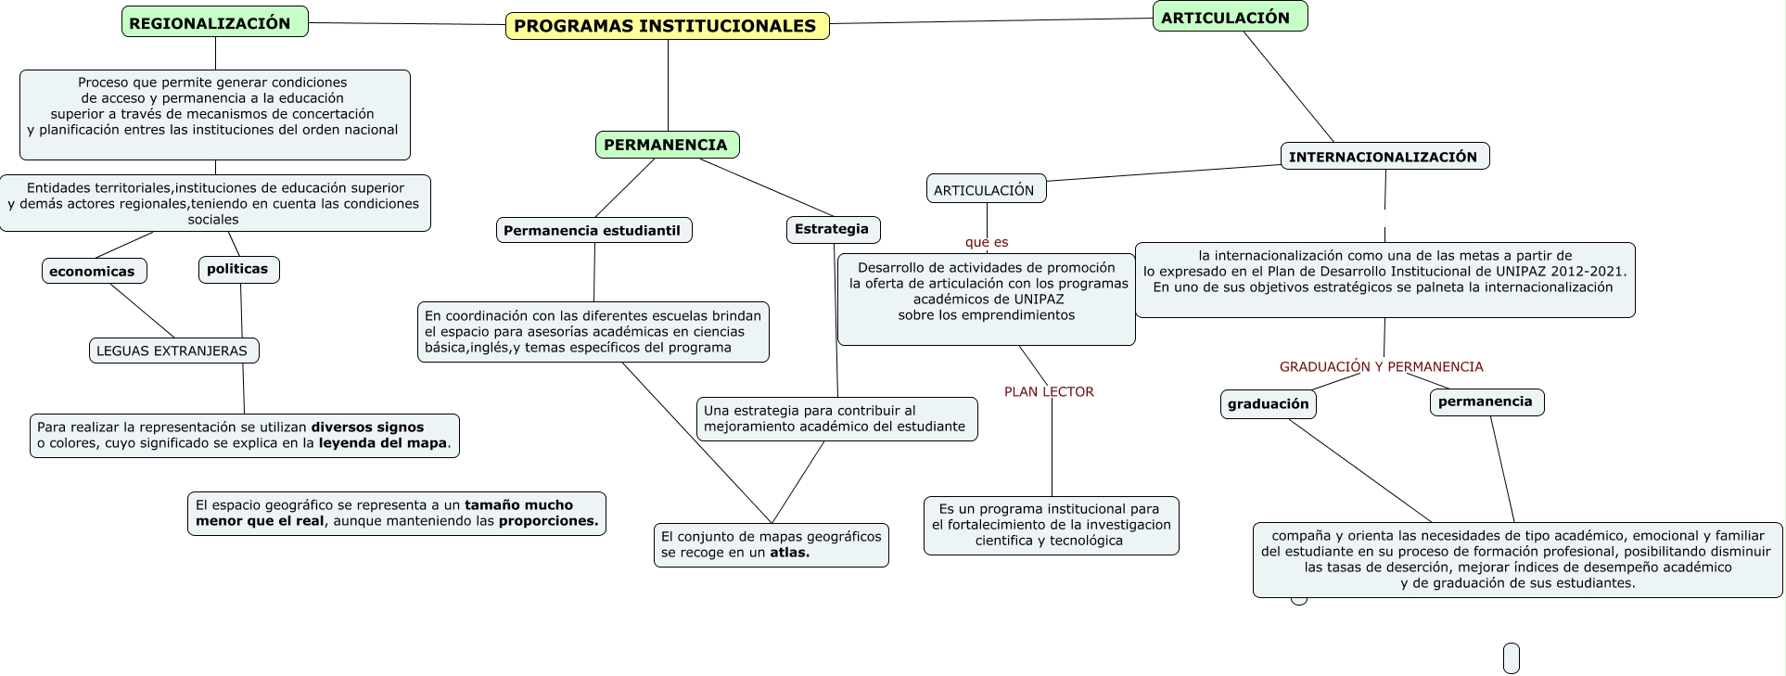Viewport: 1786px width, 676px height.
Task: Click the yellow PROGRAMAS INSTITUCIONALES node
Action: pyautogui.click(x=667, y=26)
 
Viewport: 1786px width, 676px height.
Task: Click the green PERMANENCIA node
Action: pyautogui.click(x=667, y=145)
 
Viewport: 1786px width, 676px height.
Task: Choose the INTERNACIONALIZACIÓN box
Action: pyautogui.click(x=1384, y=156)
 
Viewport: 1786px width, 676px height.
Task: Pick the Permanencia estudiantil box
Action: pyautogui.click(x=593, y=230)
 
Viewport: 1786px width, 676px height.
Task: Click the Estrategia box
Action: pyautogui.click(x=833, y=229)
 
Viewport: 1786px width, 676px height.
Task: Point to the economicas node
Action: pyautogui.click(x=94, y=271)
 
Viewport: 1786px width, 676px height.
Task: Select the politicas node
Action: pyautogui.click(x=238, y=269)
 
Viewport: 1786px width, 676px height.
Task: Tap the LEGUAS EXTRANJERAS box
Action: pyautogui.click(x=173, y=351)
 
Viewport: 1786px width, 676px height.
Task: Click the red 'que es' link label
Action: pyautogui.click(x=987, y=242)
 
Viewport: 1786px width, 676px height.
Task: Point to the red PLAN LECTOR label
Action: pyautogui.click(x=1049, y=391)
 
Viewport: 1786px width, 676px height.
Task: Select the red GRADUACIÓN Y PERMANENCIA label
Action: pyautogui.click(x=1381, y=366)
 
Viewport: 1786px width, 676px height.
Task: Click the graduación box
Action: pyautogui.click(x=1268, y=403)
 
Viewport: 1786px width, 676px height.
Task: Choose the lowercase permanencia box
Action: pyautogui.click(x=1486, y=402)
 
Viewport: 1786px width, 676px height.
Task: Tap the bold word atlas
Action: pyautogui.click(x=789, y=553)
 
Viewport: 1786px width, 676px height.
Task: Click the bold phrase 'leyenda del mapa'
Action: pyautogui.click(x=383, y=443)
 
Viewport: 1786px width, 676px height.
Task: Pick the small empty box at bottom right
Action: pyautogui.click(x=1511, y=657)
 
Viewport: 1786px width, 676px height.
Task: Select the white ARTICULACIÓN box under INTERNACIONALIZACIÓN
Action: pyautogui.click(x=986, y=189)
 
